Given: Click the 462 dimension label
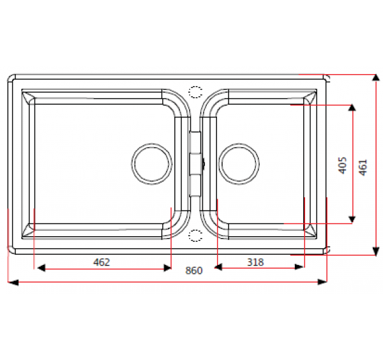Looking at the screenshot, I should coord(101,262).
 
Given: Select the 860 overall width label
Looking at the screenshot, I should coord(193,271).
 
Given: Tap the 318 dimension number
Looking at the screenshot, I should coord(255,262).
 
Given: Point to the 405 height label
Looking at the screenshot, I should coord(342,165).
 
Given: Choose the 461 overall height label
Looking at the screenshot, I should coord(363,167).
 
